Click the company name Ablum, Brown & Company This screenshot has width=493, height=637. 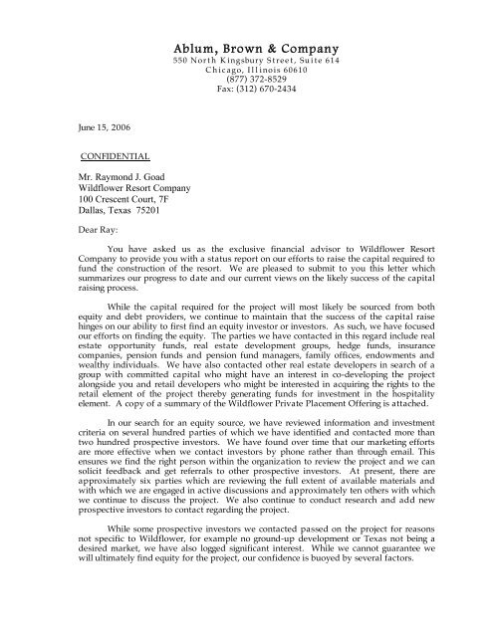coord(257,50)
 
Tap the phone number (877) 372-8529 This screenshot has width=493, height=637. coord(257,82)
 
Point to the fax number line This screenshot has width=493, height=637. coord(257,91)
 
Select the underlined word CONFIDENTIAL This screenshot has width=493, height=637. coord(116,157)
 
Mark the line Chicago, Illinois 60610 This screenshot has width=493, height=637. coord(257,73)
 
